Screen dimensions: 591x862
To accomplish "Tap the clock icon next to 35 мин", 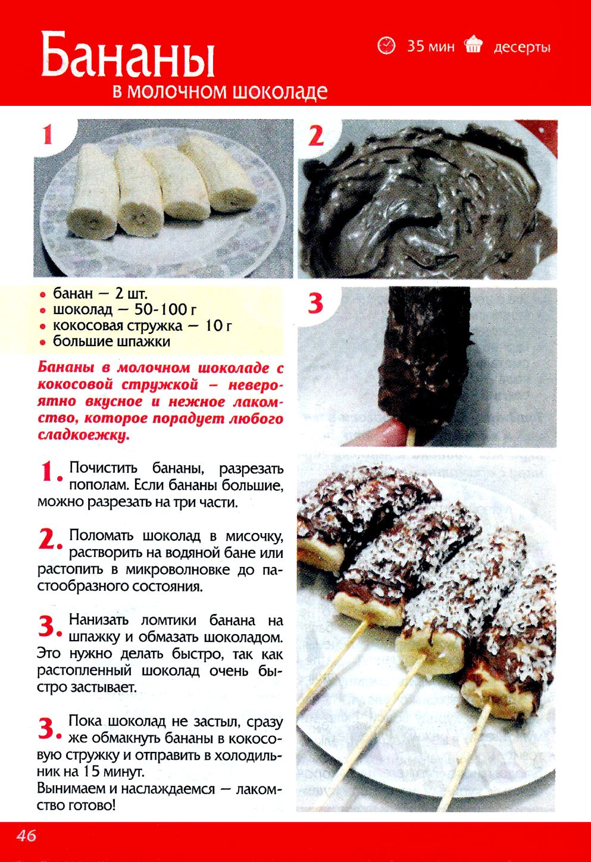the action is tap(386, 46).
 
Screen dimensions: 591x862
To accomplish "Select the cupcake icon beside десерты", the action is tap(474, 45).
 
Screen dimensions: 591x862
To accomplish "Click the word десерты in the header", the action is tap(522, 48).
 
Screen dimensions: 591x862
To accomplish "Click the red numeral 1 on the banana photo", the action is tap(48, 136).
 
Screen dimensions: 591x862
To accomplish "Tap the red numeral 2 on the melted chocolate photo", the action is tap(315, 136).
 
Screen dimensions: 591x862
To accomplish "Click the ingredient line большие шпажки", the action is tap(112, 341).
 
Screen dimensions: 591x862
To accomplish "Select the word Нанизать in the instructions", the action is tap(99, 620).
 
